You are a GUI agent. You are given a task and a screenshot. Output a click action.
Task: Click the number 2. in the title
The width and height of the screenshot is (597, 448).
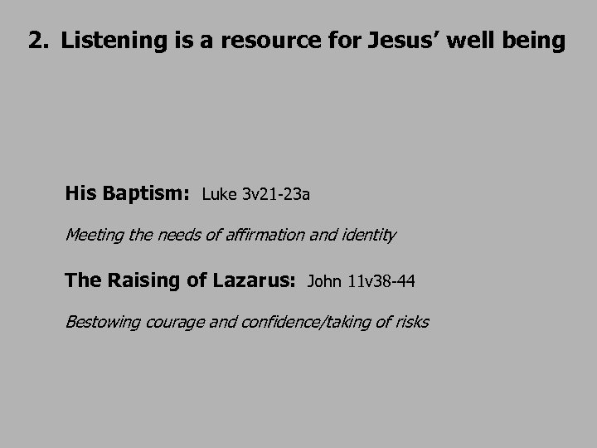coord(38,41)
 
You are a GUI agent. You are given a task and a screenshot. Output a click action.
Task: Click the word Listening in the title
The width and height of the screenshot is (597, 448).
coord(106,41)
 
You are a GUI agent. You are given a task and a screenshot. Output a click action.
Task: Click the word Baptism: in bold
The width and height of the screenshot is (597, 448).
coord(148,194)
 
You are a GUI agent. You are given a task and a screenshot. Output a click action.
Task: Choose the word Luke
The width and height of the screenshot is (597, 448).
coord(219,195)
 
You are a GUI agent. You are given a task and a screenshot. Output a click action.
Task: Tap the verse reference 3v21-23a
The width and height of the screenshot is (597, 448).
coord(276,195)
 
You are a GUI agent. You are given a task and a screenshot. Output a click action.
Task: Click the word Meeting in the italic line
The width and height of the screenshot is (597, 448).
coord(95,235)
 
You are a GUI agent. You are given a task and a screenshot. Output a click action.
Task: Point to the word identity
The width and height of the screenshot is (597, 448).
coord(367,235)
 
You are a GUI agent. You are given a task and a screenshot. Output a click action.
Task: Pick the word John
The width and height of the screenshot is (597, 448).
coord(325,282)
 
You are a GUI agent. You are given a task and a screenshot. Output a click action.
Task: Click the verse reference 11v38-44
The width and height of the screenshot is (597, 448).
coord(381,282)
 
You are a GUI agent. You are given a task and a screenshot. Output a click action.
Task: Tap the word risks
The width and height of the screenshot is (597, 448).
coord(412,321)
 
